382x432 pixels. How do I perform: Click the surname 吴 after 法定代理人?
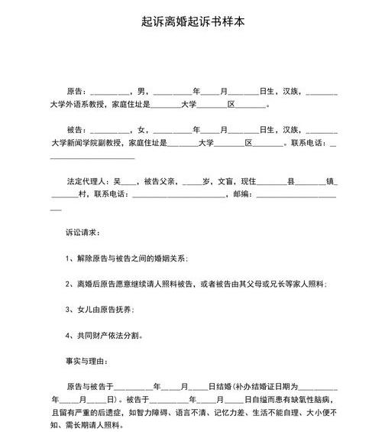pos(117,180)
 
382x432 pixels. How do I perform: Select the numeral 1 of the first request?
pos(69,258)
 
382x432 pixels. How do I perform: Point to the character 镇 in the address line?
pos(331,180)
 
